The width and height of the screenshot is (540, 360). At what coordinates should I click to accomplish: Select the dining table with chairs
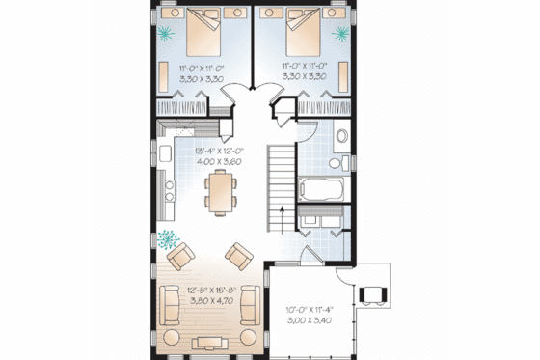click(x=220, y=190)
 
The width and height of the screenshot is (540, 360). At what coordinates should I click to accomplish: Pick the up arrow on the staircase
click(x=281, y=214)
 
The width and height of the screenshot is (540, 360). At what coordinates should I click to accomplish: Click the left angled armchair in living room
click(x=181, y=256)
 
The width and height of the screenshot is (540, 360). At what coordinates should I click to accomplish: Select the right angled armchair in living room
click(x=237, y=256)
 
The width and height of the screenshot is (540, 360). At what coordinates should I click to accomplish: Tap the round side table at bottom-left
click(x=173, y=337)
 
